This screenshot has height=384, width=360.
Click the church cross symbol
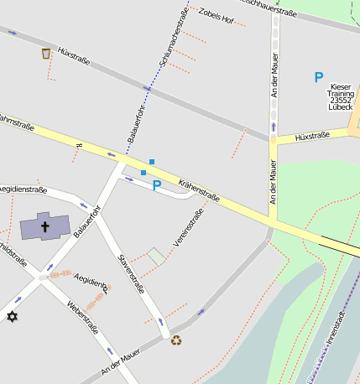45,226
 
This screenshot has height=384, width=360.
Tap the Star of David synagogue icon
12,316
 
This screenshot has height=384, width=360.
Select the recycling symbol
176,340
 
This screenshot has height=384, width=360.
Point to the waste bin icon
45,54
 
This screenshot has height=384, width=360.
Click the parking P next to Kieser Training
318,77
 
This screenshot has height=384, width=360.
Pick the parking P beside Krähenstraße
156,185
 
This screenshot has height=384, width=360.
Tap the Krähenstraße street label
199,186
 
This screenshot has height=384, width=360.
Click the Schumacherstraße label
172,34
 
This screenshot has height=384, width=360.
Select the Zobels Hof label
214,16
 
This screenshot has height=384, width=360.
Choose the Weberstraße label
84,317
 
